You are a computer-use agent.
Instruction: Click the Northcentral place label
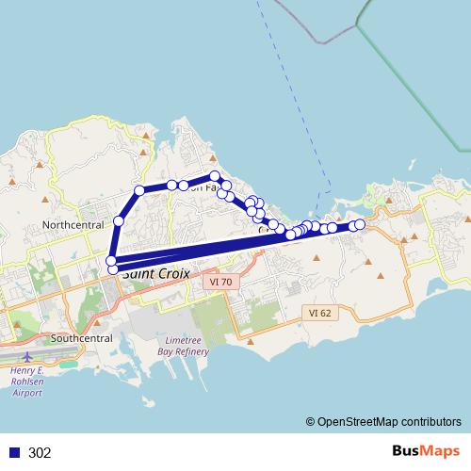(x=73, y=225)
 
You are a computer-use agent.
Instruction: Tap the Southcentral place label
(x=82, y=338)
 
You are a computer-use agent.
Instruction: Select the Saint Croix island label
(x=155, y=273)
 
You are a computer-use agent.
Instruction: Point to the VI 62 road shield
(x=319, y=312)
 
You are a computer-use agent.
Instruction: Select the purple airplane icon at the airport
(x=29, y=358)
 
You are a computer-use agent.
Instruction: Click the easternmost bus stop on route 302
(x=359, y=224)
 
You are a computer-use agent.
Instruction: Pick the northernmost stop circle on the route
(x=216, y=176)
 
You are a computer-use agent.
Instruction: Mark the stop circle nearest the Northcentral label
(x=119, y=220)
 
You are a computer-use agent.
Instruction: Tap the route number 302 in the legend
(x=41, y=453)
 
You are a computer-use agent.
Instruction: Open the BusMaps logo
(x=425, y=451)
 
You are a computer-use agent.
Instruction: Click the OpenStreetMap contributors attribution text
(x=388, y=423)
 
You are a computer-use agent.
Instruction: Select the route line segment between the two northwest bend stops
(x=129, y=205)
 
